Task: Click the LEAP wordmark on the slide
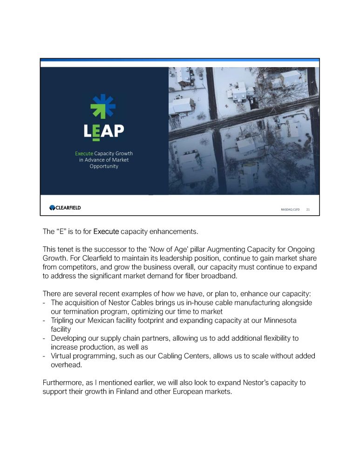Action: pyautogui.click(x=104, y=130)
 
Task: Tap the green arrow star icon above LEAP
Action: pyautogui.click(x=103, y=106)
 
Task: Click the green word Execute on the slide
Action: pyautogui.click(x=84, y=153)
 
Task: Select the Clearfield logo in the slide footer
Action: pyautogui.click(x=65, y=207)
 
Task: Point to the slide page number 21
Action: pyautogui.click(x=308, y=210)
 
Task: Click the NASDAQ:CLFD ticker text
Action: pyautogui.click(x=290, y=210)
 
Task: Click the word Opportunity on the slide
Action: pyautogui.click(x=104, y=166)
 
